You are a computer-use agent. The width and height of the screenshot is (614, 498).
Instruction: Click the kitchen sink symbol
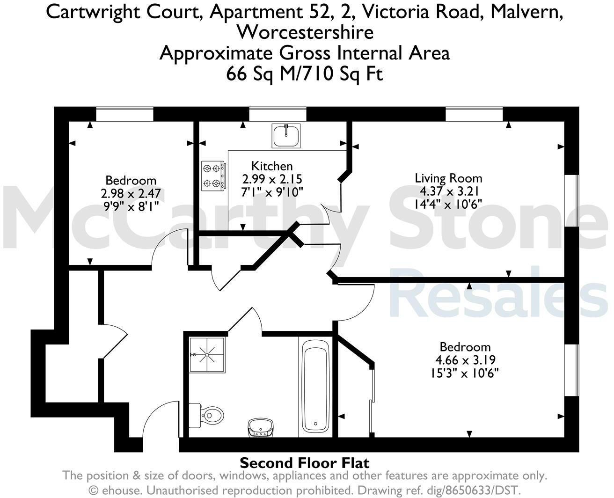coord(285,136)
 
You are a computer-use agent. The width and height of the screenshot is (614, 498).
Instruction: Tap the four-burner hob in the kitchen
coord(213,176)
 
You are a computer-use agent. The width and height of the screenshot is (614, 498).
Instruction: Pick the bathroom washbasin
coord(260,427)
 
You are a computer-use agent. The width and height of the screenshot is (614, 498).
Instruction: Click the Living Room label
coord(448,178)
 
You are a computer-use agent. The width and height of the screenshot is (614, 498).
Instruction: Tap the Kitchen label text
coord(272,166)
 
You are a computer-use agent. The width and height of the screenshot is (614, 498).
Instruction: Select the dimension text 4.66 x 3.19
coord(465,360)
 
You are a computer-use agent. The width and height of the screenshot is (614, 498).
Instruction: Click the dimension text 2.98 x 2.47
coord(131,193)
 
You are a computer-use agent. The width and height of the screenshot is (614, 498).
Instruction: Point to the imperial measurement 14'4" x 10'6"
coord(448,204)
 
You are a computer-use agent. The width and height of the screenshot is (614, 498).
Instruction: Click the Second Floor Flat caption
coord(305,463)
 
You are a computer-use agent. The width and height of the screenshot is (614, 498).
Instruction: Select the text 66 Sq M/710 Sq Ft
coord(305,73)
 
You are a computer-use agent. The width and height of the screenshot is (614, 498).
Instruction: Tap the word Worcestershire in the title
coord(305,32)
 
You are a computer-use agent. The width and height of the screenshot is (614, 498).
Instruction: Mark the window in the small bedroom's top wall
coord(125,114)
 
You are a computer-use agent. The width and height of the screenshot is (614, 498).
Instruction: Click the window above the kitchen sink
coord(278,114)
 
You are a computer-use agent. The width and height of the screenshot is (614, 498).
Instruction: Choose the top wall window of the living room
coord(474,114)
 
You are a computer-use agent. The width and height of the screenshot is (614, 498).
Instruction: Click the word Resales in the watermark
coord(498,292)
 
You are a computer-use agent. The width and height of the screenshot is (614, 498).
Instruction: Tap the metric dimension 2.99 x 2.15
coord(272,179)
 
